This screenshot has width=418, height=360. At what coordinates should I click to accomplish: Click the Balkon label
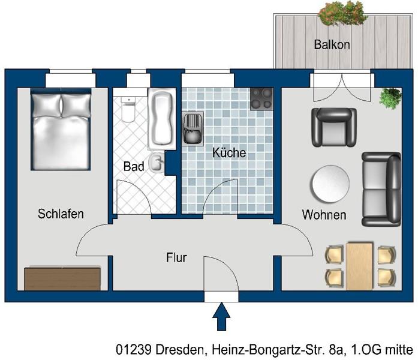tap(332, 44)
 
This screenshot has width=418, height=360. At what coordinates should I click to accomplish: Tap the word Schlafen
tap(61, 214)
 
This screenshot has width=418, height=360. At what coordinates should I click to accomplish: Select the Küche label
tap(229, 152)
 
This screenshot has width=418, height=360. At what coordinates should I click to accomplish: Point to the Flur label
tap(176, 257)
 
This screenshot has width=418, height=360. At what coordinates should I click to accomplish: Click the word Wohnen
tap(324, 215)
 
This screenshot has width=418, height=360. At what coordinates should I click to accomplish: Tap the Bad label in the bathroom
tap(134, 166)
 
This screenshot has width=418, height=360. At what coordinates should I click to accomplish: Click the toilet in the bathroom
tap(128, 109)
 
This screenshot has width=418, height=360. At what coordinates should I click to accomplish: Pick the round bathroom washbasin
tap(157, 163)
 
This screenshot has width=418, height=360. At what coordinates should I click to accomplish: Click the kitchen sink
tap(193, 129)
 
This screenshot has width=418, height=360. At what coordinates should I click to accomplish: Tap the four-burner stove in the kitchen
tap(262, 99)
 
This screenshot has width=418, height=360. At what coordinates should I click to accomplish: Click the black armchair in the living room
tap(334, 127)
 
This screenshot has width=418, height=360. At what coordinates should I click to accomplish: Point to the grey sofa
tap(381, 190)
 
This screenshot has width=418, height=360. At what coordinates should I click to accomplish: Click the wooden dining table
tap(359, 266)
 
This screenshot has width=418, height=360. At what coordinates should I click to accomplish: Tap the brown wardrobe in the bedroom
tap(62, 278)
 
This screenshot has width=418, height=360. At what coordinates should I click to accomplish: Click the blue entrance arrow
tap(221, 317)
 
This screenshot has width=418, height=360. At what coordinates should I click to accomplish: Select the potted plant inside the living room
tap(390, 97)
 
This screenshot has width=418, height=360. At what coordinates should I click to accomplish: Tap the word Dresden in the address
tap(180, 349)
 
